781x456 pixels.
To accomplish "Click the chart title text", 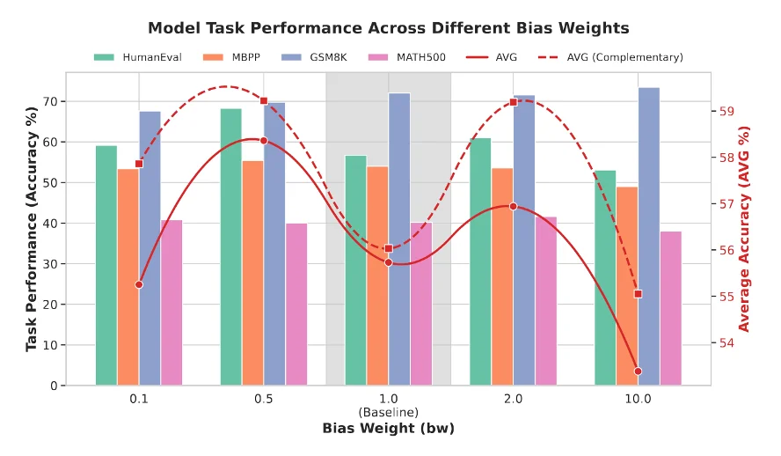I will point(388,28).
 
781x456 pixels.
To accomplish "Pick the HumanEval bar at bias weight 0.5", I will point(230,246).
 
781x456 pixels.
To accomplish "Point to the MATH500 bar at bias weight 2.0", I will point(546,300).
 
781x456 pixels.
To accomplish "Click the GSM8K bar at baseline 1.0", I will point(399,239).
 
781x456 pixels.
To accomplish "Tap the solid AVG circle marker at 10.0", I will point(638,371).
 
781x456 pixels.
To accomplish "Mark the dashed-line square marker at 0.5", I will point(264,100).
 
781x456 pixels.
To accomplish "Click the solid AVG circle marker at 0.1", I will point(139,284).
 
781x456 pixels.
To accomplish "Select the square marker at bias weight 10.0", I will point(638,294).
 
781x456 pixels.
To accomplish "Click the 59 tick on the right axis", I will point(726,112).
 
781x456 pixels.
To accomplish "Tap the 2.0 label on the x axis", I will point(513,399).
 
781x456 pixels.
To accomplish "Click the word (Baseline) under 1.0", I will point(388,412).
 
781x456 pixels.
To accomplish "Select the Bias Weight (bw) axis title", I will point(388,429).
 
